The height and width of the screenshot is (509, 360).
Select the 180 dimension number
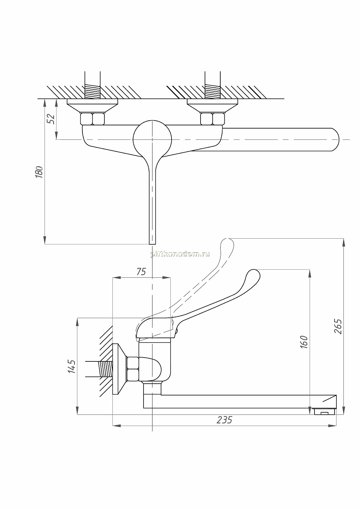39,172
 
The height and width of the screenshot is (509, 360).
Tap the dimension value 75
141,272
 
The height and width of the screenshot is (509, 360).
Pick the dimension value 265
338,326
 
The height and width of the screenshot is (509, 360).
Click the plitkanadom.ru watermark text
180,254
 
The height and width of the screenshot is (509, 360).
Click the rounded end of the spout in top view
335,140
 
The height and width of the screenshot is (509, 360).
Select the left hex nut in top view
93,119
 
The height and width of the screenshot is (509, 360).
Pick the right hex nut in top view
212,119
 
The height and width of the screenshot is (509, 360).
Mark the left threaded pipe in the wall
92,86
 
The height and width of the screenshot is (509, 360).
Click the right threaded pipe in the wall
213,86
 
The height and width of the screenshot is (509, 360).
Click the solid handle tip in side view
253,275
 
